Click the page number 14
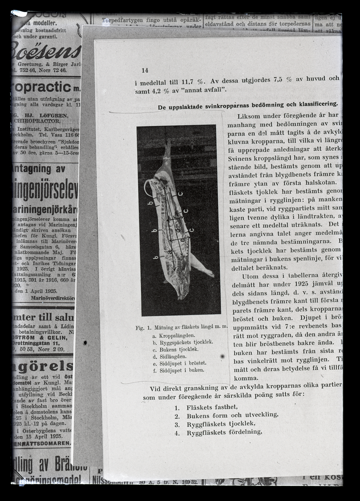click(x=145, y=71)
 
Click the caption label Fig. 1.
click(x=143, y=328)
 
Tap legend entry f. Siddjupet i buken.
click(x=178, y=370)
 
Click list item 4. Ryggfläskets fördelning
click(x=218, y=433)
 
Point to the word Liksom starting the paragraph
click(x=248, y=116)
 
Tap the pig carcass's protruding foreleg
click(x=203, y=267)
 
